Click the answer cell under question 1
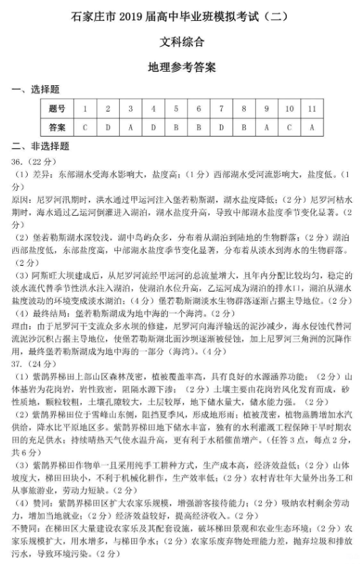point(85,127)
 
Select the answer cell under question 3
point(130,127)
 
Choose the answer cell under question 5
point(175,127)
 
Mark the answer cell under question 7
point(221,127)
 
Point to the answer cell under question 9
point(266,127)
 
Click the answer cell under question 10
point(289,127)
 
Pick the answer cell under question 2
point(108,127)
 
